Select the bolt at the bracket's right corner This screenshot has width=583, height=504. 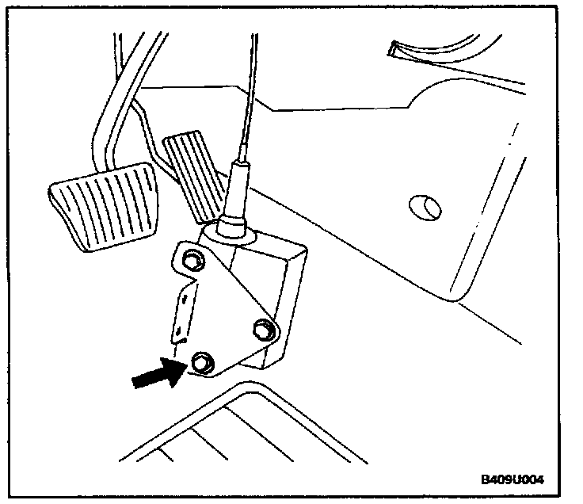(263, 328)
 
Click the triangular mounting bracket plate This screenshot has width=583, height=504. (226, 309)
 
